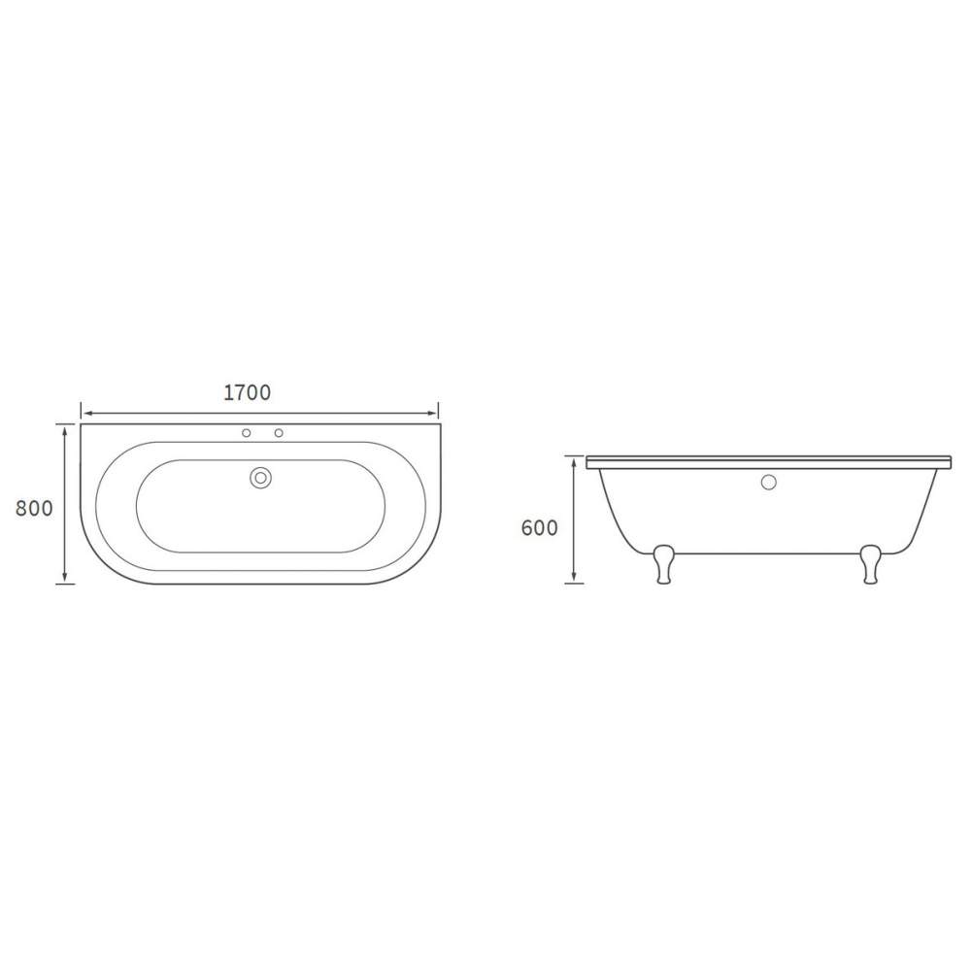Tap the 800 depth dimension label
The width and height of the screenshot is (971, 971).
tap(33, 508)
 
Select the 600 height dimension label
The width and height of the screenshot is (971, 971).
tap(540, 528)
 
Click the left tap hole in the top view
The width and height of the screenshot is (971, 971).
tap(247, 433)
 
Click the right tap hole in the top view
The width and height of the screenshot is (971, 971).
tap(279, 433)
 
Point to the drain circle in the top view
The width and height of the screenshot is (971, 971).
tap(261, 478)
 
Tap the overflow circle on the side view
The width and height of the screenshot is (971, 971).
tap(769, 482)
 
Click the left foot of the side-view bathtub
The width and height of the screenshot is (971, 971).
tap(664, 564)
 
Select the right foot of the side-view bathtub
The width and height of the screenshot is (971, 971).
tap(871, 564)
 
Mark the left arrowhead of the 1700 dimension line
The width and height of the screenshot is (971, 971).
tap(84, 411)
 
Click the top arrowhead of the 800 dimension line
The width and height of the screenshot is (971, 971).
tap(64, 427)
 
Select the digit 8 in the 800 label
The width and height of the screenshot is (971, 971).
tap(20, 508)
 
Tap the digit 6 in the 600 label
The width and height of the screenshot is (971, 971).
tap(527, 528)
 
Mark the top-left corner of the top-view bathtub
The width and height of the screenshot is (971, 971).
tap(82, 423)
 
